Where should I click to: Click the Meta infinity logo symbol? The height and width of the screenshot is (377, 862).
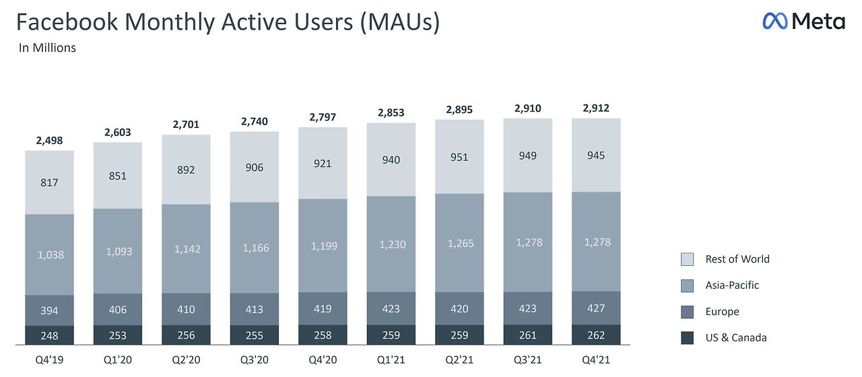(x=774, y=22)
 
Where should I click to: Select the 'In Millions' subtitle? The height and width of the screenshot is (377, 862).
(x=47, y=48)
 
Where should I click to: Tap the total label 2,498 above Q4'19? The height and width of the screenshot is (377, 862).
(x=49, y=141)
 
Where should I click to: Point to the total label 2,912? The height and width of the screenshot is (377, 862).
(x=595, y=108)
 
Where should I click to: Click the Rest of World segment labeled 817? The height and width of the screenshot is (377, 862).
(x=49, y=182)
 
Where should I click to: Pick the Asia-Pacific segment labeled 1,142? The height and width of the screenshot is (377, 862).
(x=186, y=248)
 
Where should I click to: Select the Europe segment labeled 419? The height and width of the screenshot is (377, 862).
(x=323, y=309)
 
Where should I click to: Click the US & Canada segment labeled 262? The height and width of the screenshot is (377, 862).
(x=595, y=335)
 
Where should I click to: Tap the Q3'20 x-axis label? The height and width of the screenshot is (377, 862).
(x=254, y=359)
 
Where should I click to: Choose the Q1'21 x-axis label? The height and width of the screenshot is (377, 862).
(x=391, y=359)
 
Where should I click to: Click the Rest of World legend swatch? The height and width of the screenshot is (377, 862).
(x=687, y=259)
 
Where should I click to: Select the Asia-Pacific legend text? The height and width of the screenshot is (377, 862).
(x=732, y=285)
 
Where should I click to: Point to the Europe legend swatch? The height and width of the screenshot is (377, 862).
(x=687, y=312)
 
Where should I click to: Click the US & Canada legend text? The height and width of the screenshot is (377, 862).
(x=736, y=338)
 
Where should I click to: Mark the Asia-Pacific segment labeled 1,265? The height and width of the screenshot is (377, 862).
(x=459, y=243)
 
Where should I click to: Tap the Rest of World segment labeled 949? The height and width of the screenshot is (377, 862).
(x=527, y=156)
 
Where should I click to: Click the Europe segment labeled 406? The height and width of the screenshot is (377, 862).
(x=118, y=310)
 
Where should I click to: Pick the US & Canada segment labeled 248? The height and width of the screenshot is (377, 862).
(x=49, y=335)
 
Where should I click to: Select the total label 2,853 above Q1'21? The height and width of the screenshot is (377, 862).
(x=391, y=112)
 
